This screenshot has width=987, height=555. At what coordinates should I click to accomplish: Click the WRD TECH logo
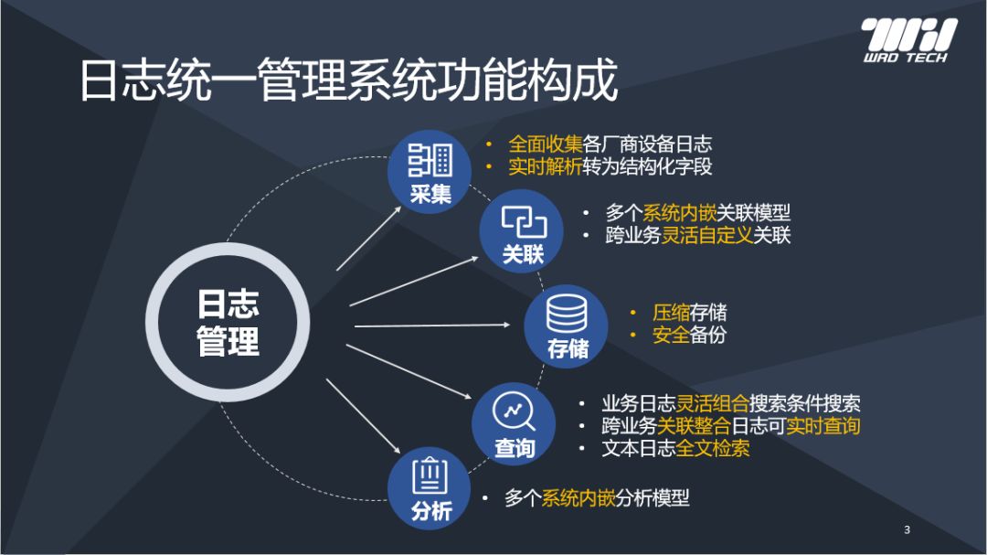[909, 40]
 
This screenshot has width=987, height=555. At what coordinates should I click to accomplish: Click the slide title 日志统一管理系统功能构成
[349, 80]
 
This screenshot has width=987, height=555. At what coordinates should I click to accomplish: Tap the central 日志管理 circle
[228, 323]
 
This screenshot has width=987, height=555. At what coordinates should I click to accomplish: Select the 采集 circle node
[430, 171]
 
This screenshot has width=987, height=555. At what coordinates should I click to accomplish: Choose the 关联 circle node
[521, 231]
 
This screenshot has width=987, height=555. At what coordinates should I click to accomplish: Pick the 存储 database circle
[566, 326]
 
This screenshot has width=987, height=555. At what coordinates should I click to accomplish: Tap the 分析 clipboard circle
[430, 488]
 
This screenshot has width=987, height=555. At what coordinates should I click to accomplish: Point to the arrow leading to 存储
[432, 326]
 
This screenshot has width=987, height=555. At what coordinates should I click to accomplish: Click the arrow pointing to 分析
[363, 416]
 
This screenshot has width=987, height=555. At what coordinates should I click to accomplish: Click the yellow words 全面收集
[545, 144]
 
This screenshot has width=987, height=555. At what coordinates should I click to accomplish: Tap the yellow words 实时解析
[545, 167]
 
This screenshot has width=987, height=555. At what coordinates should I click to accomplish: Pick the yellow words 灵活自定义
[706, 235]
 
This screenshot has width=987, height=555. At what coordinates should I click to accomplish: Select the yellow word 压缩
[671, 313]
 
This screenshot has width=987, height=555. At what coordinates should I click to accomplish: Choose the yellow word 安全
[671, 335]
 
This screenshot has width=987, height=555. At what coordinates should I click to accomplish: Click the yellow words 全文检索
[713, 448]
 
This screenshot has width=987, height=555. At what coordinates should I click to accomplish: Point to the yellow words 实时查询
[822, 426]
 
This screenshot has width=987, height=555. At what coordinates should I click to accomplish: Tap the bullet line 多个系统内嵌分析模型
[597, 498]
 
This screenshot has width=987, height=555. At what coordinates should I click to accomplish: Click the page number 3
[907, 529]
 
